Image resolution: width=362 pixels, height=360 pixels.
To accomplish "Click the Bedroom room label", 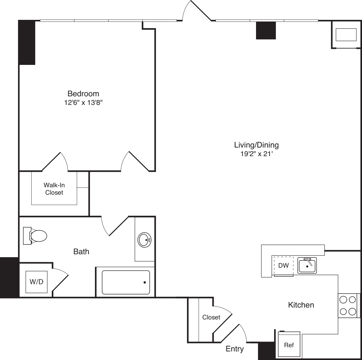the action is coord(83,93).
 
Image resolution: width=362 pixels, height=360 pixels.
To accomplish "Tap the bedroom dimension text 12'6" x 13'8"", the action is coord(83,103).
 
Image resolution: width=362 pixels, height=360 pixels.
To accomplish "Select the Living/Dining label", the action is coord(256,145).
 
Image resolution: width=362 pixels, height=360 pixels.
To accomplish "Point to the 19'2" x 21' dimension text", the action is coord(257,154).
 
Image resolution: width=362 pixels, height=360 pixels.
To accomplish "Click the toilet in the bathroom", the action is coord(35,236).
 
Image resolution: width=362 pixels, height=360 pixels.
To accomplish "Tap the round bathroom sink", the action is coord(144,240).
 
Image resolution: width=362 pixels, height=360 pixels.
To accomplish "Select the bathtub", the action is coord(126,282).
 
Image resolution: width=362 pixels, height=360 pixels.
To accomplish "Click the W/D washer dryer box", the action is coord(36,282).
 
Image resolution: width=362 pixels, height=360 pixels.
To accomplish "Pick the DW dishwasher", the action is coord(284,266).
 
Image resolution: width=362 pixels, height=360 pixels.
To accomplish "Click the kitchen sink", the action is coord(307,265).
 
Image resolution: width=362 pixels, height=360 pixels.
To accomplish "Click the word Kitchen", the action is coord(301,305).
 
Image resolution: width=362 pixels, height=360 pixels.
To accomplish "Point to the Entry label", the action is coord(235,349).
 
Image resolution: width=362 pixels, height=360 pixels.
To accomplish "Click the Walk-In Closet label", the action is coord(54,189).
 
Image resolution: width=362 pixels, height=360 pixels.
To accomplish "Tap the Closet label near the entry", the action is coord(211,317).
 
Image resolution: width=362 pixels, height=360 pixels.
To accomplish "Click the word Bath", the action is coord(81,252).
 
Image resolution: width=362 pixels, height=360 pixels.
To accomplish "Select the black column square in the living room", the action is coord(266,30).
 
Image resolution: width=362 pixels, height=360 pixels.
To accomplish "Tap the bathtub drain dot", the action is coord(145,282).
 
